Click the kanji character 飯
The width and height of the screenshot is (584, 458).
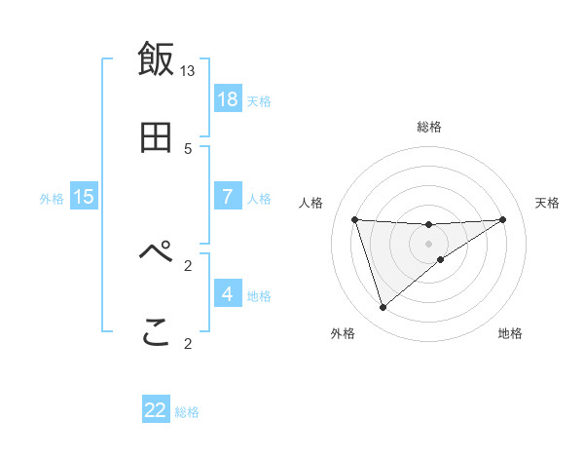[x=156, y=58]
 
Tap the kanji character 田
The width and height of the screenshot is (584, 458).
[x=156, y=139]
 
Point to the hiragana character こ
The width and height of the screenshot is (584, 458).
[x=156, y=333]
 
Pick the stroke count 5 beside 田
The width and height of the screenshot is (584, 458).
[x=188, y=149]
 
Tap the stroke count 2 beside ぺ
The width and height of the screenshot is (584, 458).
[x=188, y=264]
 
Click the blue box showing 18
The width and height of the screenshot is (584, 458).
[x=228, y=99]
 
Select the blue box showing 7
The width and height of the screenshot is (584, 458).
[x=228, y=197]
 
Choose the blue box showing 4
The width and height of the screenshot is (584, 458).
[x=228, y=293]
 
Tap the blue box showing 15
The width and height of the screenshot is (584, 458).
[x=84, y=197]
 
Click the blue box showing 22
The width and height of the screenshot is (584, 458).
[x=156, y=410]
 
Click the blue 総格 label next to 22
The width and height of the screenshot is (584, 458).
[x=187, y=412]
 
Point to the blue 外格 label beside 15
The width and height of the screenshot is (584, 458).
[x=52, y=199]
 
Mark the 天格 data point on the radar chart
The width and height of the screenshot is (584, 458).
[x=502, y=219]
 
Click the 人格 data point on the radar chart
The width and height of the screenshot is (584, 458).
[x=354, y=219]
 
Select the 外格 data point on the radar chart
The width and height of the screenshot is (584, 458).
[x=383, y=308]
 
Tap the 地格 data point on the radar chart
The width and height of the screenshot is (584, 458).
[x=441, y=259]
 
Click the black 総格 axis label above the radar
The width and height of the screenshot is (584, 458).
[x=428, y=127]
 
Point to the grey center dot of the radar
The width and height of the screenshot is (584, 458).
[x=428, y=243]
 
